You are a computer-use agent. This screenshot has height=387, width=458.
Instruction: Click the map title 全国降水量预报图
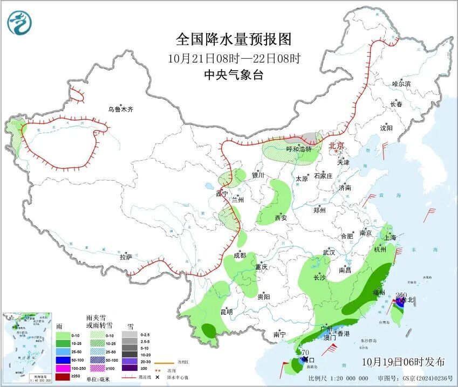[x=234, y=39]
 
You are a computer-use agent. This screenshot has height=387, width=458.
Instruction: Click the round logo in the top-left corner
[x=20, y=22]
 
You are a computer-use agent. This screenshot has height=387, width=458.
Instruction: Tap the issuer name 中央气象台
[x=234, y=75]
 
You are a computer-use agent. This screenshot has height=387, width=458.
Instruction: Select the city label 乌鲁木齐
[x=120, y=109]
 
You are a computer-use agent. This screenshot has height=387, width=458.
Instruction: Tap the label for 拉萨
[x=126, y=257]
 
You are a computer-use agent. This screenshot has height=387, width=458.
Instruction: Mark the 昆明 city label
[x=226, y=312]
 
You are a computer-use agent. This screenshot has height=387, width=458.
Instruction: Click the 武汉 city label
[x=329, y=252]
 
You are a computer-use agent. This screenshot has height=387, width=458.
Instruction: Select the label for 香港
[x=343, y=334]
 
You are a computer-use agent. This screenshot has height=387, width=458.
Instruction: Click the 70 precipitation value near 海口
[x=306, y=353]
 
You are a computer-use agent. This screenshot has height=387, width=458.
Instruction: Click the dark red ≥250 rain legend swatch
[x=64, y=376]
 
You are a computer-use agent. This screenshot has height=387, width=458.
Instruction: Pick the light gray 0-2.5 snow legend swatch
[x=128, y=335]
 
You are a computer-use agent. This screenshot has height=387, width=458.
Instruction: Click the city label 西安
[x=281, y=218]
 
